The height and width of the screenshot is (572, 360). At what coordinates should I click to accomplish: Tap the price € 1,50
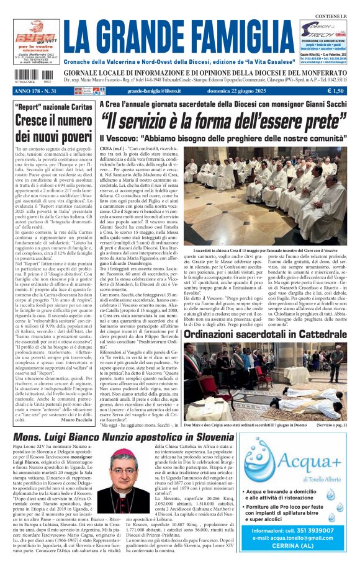click(338, 91)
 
